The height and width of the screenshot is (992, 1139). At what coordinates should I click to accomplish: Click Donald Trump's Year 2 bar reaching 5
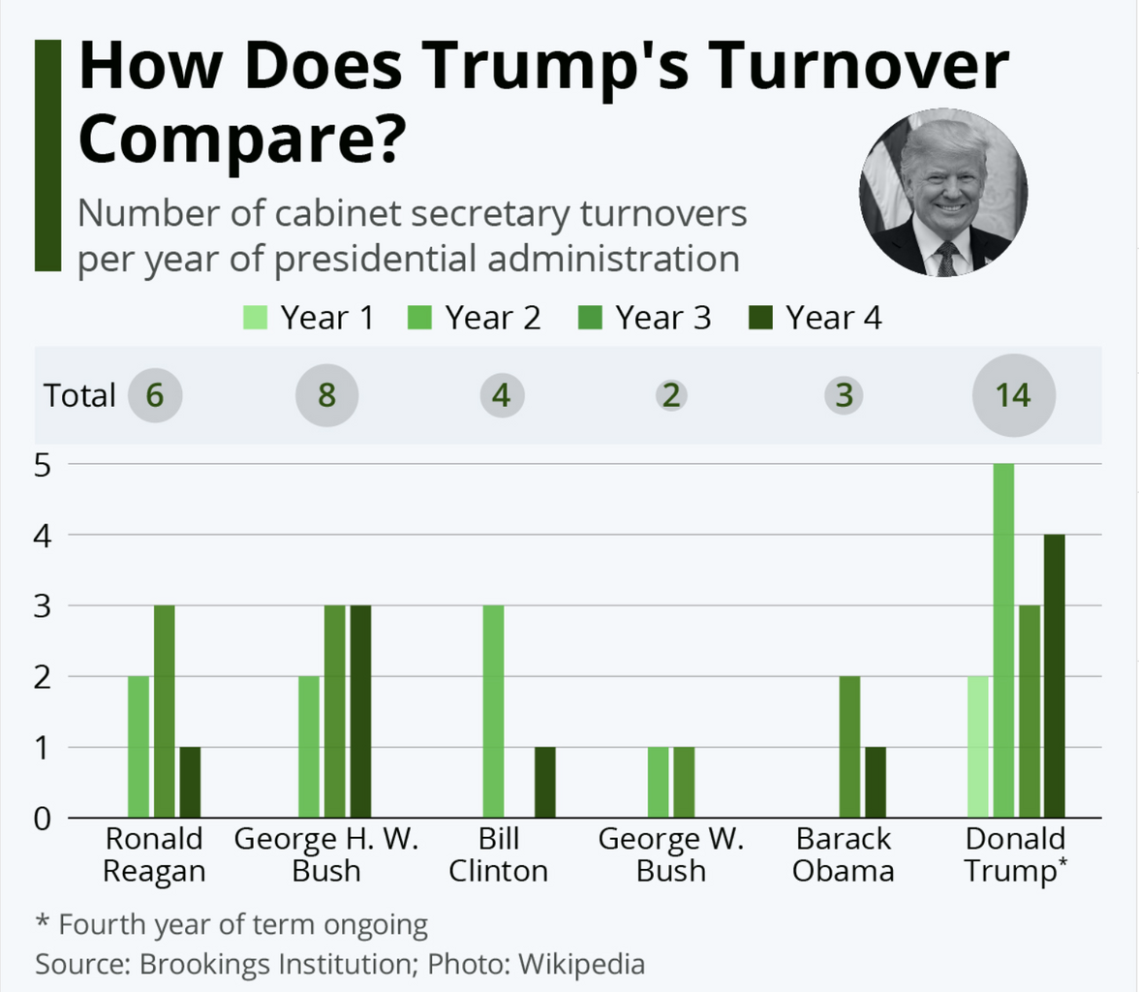1003,640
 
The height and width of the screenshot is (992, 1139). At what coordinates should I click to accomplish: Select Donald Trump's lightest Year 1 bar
978,747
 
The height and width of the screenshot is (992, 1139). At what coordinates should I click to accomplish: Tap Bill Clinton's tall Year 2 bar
494,711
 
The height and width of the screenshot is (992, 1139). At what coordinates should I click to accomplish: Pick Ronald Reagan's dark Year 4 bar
190,783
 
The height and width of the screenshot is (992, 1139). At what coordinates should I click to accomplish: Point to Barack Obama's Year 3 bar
848,747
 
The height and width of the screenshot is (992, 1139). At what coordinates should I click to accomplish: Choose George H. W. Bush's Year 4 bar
359,711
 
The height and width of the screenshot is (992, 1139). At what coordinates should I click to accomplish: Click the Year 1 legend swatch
256,318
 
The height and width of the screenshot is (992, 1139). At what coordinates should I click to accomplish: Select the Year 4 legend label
833,318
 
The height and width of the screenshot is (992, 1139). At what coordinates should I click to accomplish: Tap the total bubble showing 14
1014,395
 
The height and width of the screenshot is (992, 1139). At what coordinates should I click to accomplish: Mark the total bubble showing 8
326,395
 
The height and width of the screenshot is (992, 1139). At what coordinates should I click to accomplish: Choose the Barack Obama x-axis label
843,854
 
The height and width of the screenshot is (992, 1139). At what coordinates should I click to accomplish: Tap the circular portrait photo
942,192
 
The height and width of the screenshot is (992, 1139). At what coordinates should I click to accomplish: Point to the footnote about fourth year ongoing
231,924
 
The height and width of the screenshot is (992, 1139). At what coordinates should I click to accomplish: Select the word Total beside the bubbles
79,395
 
